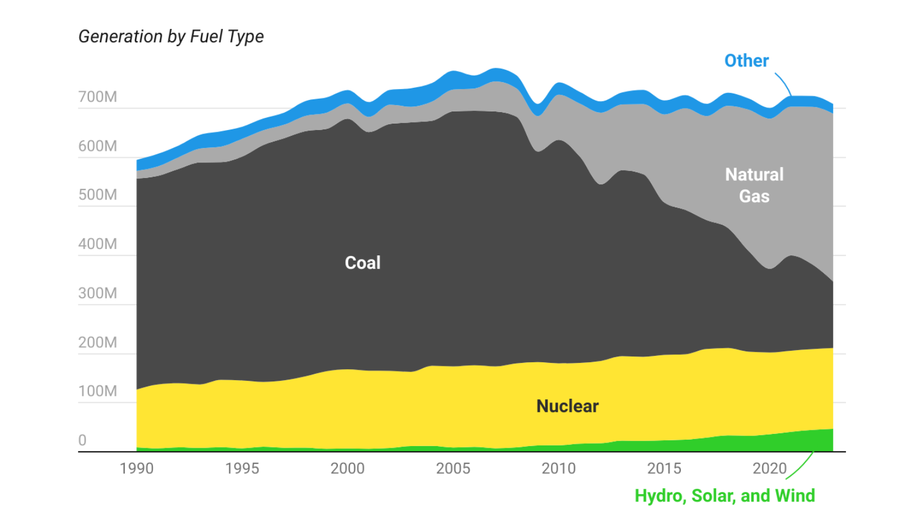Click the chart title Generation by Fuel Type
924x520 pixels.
point(171,36)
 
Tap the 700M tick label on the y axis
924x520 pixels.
point(98,96)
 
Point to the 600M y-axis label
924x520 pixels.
point(98,146)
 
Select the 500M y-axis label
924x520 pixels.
point(98,195)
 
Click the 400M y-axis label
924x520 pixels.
point(98,244)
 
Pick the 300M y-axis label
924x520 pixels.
point(98,293)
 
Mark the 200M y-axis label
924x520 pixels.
point(98,342)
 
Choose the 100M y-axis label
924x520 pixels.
point(98,391)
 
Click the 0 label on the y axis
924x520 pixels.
point(83,440)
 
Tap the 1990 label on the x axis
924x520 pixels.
point(136,468)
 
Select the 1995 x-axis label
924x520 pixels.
point(242,468)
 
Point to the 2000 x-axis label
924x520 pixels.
point(348,468)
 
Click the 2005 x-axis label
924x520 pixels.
point(453,468)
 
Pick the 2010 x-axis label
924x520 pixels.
point(558,468)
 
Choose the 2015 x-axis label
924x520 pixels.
point(664,468)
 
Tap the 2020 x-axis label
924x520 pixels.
point(770,468)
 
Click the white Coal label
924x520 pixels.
point(363,263)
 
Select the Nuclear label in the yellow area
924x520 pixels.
point(568,406)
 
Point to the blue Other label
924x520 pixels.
point(747,61)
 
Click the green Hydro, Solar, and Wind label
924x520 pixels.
point(725,496)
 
